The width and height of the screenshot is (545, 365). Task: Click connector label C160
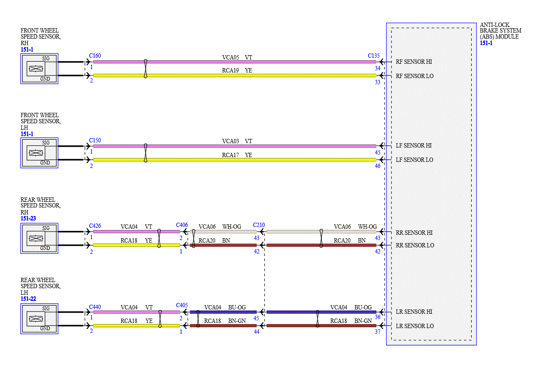click(95, 56)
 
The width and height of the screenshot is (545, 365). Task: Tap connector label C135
click(373, 56)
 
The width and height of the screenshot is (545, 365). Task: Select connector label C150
click(95, 140)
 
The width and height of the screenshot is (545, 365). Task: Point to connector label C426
click(95, 226)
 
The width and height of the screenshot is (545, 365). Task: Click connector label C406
click(182, 225)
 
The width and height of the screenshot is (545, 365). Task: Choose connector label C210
click(259, 225)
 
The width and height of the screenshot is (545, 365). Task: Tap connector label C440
click(95, 307)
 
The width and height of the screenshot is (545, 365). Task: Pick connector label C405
click(182, 305)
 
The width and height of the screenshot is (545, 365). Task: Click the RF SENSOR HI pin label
click(414, 62)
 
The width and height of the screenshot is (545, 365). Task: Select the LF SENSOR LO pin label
click(414, 160)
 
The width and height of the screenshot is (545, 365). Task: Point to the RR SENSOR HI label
click(414, 233)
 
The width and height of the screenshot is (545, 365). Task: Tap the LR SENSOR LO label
click(414, 326)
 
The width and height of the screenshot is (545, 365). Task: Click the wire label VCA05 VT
click(237, 57)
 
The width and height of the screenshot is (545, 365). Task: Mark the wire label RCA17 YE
click(237, 155)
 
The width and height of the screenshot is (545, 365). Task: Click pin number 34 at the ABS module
click(377, 68)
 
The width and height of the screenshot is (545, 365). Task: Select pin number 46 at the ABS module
click(377, 166)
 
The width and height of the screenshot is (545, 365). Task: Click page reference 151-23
click(28, 218)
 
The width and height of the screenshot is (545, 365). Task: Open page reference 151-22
click(28, 299)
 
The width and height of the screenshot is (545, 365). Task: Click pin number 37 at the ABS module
click(377, 332)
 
